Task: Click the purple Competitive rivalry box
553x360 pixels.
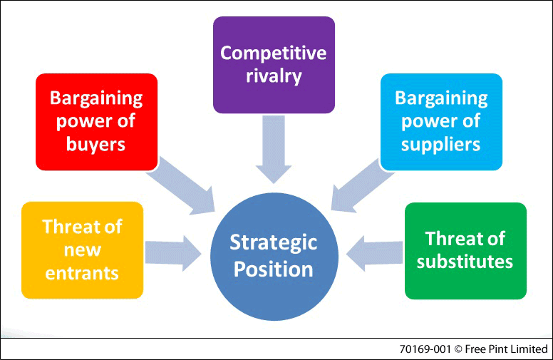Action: (x=274, y=65)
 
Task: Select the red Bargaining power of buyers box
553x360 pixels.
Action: (x=96, y=122)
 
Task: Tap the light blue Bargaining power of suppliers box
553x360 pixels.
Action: (x=441, y=122)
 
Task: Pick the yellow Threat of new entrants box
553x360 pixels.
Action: (x=82, y=250)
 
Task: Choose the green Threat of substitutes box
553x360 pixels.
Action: (x=465, y=251)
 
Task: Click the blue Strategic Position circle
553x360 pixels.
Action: (x=274, y=257)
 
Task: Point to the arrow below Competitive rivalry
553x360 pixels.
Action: (x=274, y=150)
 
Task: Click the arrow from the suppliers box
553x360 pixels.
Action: (x=362, y=185)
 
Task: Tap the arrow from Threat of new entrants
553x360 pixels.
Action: (x=172, y=253)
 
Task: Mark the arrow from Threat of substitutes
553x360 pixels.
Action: (x=375, y=253)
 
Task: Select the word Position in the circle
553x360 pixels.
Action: (x=274, y=269)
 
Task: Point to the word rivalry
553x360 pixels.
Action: (x=274, y=76)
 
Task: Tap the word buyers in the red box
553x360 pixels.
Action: (x=96, y=145)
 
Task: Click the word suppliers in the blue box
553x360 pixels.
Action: (x=441, y=145)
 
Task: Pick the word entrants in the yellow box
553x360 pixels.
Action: (x=82, y=273)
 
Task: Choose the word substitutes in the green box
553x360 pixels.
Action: (x=465, y=262)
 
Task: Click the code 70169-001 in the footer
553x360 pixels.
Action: (x=425, y=349)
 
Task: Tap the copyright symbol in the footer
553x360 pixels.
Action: (x=458, y=349)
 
